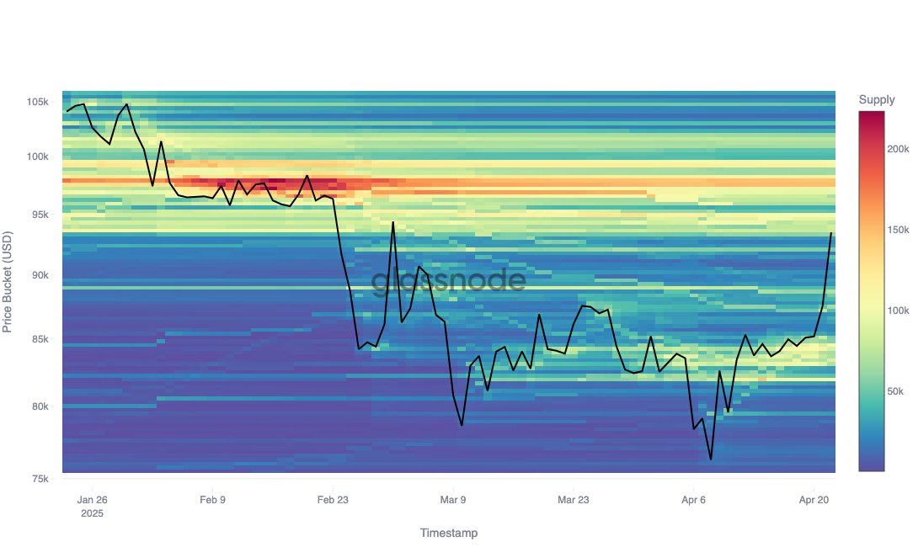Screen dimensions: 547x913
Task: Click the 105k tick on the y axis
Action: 37,102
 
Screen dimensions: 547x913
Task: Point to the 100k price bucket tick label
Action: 37,157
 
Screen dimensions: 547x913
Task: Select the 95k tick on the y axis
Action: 40,215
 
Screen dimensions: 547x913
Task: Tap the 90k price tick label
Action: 40,275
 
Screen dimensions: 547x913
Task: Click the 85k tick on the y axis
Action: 40,339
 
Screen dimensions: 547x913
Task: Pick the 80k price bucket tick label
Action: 40,406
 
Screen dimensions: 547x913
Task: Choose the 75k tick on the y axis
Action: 40,479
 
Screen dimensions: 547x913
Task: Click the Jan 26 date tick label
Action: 92,499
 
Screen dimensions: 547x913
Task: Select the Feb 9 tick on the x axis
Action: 212,499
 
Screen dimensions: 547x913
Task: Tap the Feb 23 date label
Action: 333,499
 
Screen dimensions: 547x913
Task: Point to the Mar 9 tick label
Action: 453,499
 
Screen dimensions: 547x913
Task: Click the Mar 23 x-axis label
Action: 573,499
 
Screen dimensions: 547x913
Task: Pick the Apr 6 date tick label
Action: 693,499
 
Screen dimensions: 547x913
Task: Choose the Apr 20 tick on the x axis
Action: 814,499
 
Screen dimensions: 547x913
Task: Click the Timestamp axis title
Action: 448,533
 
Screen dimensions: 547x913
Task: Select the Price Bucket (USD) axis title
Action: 9,281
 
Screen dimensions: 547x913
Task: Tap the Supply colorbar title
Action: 877,100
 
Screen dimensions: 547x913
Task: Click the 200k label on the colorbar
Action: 899,149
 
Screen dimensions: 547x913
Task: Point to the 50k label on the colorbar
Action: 896,392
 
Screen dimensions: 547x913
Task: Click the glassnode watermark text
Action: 449,281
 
